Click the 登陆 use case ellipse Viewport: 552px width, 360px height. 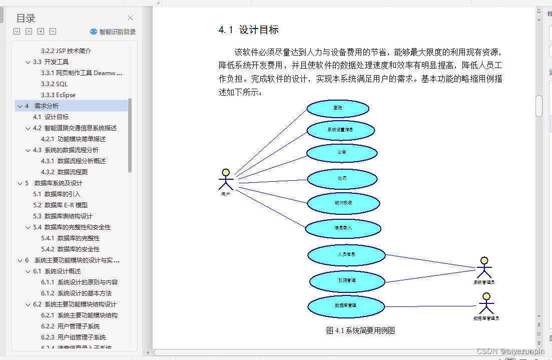point(338,108)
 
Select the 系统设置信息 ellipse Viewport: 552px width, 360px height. point(340,130)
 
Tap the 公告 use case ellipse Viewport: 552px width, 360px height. point(341,153)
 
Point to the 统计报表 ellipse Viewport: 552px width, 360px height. point(343,203)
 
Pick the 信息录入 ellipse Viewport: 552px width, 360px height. point(343,228)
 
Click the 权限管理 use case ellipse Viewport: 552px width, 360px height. point(346,281)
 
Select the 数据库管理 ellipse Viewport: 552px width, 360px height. point(345,305)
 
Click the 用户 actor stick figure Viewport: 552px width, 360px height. point(226,180)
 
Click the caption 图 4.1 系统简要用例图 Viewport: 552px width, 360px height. point(360,330)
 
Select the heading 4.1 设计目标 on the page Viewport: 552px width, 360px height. point(249,30)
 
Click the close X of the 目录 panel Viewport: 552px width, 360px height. point(131,18)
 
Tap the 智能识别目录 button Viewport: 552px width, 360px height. point(113,32)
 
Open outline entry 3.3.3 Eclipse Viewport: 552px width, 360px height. point(58,95)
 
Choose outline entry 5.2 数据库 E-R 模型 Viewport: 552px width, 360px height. point(60,205)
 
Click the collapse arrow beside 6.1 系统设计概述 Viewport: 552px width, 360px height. point(28,271)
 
